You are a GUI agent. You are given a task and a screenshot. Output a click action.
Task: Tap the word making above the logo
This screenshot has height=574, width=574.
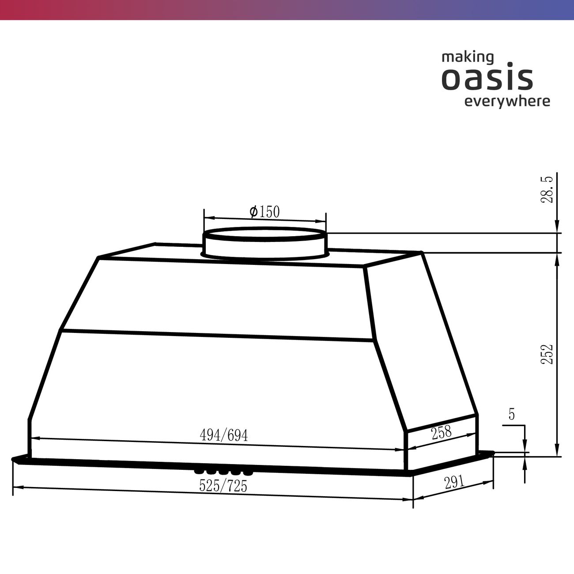(468, 57)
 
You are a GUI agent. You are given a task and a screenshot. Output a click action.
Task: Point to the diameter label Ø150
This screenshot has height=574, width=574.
(264, 212)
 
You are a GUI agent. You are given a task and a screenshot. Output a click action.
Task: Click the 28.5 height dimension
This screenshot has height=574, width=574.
(547, 189)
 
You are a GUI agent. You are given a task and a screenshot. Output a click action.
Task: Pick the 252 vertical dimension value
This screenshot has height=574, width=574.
(547, 354)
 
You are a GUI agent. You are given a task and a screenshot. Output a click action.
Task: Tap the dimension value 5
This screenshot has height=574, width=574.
(511, 414)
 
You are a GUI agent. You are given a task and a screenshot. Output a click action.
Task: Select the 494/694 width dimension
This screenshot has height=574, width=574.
(223, 435)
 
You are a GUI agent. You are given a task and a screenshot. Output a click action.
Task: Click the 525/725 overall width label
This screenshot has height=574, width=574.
(223, 486)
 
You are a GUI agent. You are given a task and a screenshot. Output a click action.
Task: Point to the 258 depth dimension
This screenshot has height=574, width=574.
(442, 433)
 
